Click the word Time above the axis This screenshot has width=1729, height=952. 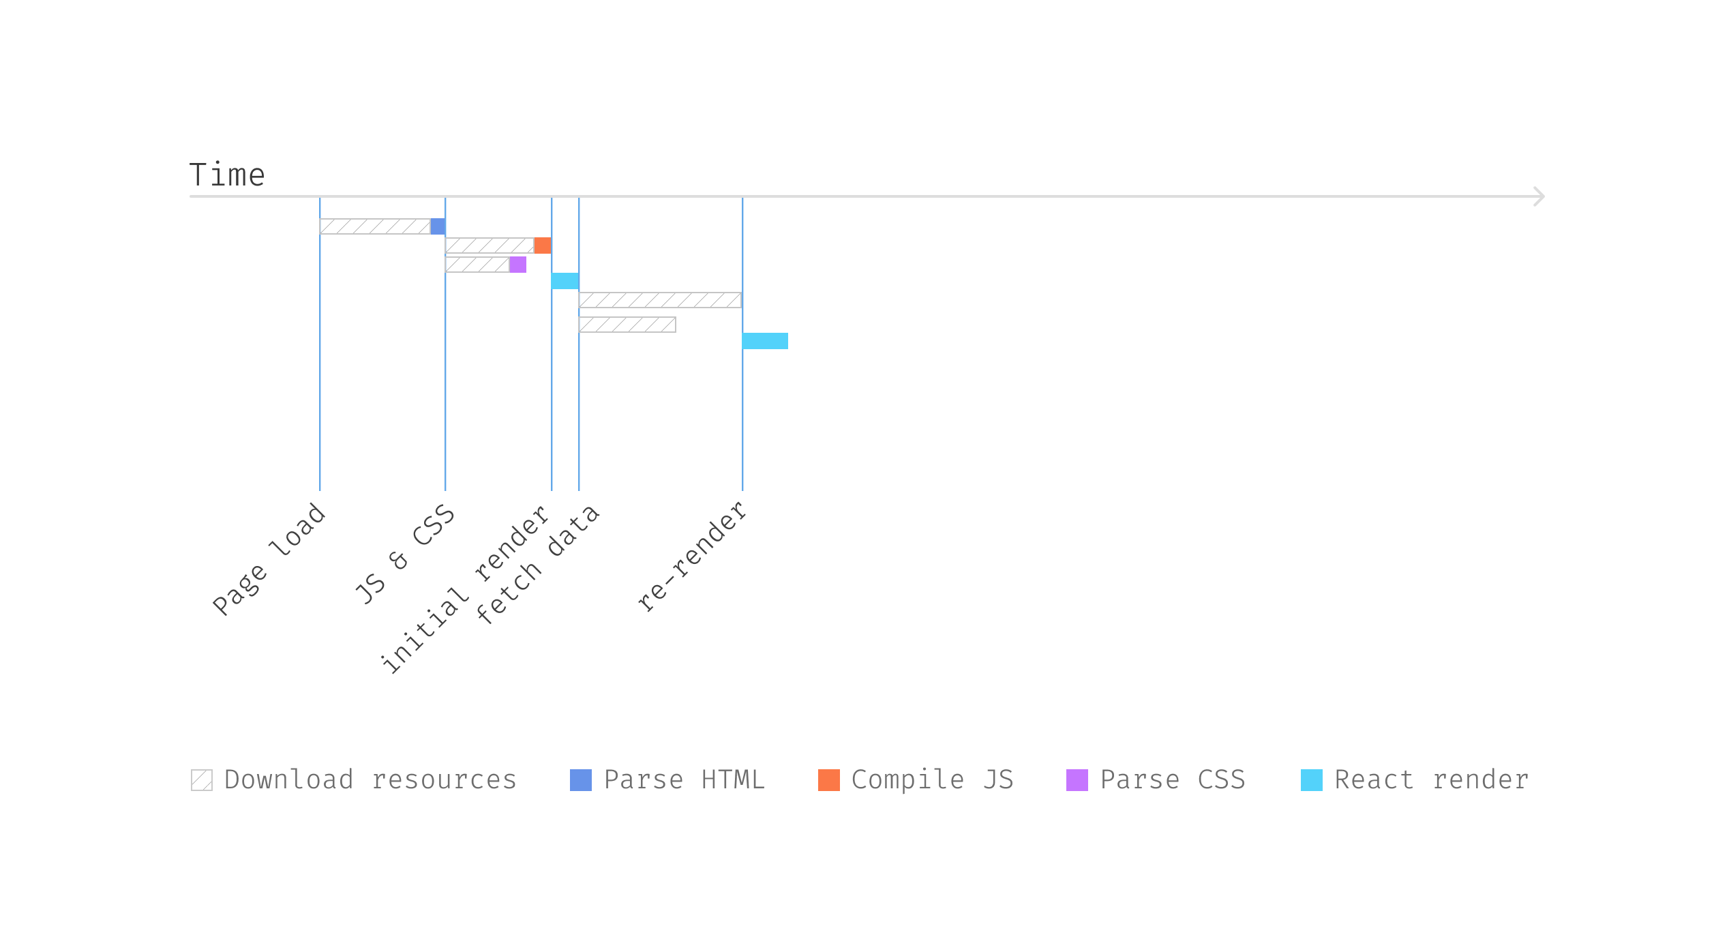point(226,175)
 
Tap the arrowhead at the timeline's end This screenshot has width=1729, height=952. point(1538,196)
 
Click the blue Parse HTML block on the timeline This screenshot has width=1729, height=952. point(438,226)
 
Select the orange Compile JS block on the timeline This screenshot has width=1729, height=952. point(543,246)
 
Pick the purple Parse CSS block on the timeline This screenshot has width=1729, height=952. point(518,265)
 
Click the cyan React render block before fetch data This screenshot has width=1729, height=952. point(565,281)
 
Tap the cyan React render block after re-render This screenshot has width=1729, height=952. point(765,341)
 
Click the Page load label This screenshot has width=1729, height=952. point(269,559)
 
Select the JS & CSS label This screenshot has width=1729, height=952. point(405,554)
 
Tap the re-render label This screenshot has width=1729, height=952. point(691,557)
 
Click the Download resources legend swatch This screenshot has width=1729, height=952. point(202,780)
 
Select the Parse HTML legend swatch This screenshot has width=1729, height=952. point(581,780)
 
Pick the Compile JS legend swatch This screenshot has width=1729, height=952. point(829,780)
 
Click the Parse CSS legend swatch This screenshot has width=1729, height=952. point(1077,780)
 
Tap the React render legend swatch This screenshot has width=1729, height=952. point(1312,780)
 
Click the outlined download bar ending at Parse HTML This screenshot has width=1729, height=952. point(375,226)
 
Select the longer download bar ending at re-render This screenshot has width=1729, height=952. point(660,300)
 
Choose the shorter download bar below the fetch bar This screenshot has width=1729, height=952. point(627,325)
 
